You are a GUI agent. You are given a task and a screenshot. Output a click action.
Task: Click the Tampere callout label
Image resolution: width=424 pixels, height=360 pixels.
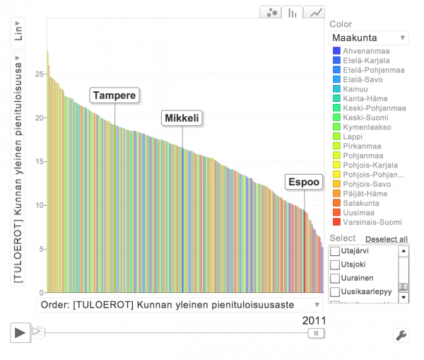pos(114,95)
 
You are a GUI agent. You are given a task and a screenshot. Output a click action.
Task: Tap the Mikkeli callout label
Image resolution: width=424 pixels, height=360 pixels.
pos(182,118)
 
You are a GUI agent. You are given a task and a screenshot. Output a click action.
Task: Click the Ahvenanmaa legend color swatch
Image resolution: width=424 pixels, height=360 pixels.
pos(336,52)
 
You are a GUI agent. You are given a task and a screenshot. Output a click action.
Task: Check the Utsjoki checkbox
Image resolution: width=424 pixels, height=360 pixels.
pos(335,265)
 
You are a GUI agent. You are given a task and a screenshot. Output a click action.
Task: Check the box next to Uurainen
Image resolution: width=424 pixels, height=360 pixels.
pos(335,278)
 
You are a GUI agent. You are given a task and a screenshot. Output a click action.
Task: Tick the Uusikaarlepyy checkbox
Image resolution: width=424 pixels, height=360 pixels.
pos(335,291)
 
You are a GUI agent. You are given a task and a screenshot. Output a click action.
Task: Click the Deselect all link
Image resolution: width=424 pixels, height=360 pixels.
pos(387,239)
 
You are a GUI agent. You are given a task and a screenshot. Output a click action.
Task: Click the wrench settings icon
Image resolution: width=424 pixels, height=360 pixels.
pos(401,335)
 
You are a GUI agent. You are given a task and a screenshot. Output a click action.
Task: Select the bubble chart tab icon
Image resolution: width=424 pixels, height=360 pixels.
pos(271,12)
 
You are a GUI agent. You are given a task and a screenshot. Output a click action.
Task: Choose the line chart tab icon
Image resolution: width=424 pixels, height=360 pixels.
pos(316,12)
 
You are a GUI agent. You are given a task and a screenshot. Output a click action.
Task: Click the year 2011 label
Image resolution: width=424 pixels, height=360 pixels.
pos(314,320)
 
